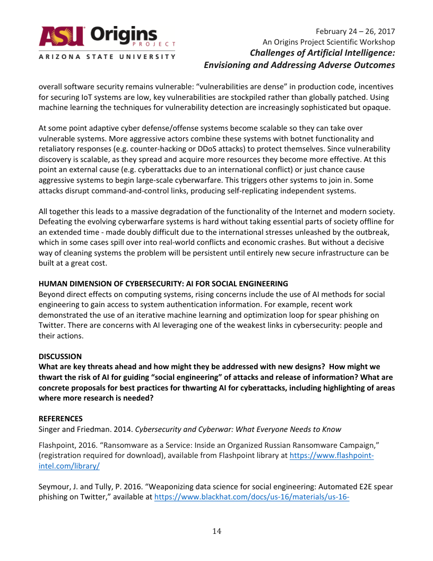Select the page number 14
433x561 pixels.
pos(216,531)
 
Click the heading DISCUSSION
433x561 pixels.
pos(60,356)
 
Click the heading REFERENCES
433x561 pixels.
pos(60,419)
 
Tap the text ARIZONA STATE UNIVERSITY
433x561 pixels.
pos(107,56)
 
